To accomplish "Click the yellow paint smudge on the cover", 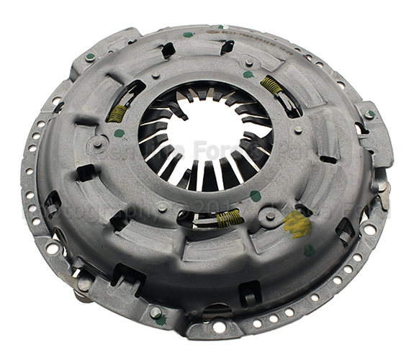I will point(297,225).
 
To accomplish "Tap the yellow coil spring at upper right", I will point(271,86).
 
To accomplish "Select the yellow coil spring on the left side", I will point(117,112).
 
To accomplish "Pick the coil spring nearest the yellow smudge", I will point(230,217).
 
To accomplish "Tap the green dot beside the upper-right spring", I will point(248,74).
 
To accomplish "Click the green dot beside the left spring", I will point(119,133).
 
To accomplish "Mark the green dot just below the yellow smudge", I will point(309,250).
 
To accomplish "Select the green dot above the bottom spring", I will point(256,195).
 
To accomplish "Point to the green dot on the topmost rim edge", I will point(189,34).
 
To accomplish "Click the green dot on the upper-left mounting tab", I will point(90,57).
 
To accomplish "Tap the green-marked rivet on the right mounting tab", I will point(369,114).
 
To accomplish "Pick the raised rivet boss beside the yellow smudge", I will point(270,215).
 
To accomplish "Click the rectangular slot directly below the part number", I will point(227,47).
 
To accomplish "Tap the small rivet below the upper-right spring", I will point(297,130).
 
